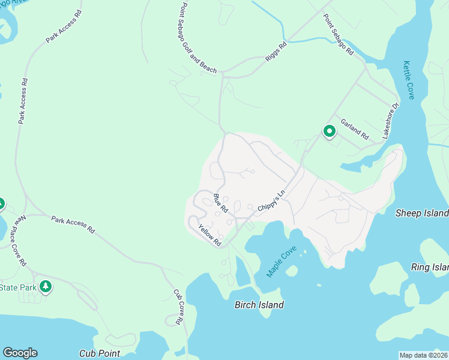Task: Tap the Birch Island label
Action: click(x=259, y=305)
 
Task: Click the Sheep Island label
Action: click(x=422, y=213)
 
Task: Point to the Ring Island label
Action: click(x=430, y=267)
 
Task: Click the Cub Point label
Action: click(x=100, y=354)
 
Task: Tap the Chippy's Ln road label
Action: click(x=270, y=199)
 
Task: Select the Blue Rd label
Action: click(x=220, y=203)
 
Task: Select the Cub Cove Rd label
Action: click(x=178, y=307)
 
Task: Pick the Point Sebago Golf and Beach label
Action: click(x=198, y=38)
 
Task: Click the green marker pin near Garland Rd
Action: click(x=329, y=131)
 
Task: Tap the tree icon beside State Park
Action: click(x=45, y=286)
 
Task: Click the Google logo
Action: click(x=20, y=353)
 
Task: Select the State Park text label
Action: click(x=18, y=287)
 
